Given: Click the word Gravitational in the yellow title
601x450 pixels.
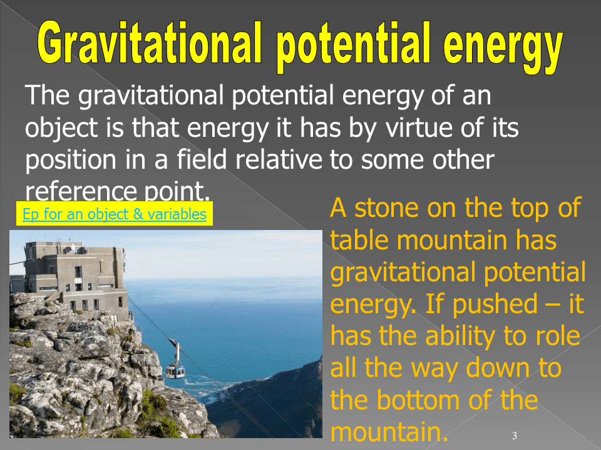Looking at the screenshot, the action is (150, 43).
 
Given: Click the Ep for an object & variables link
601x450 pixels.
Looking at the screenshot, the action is (115, 214).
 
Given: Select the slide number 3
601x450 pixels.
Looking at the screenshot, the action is (515, 436).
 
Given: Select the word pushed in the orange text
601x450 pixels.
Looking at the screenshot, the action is (495, 304).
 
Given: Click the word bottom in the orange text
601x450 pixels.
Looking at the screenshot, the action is (418, 400).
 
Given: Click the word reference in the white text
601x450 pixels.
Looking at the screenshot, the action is (81, 191).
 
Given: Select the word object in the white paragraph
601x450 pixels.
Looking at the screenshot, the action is (61, 129).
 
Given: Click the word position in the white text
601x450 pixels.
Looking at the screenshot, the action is (71, 161).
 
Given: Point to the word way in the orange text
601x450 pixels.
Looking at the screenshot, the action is (434, 369).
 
